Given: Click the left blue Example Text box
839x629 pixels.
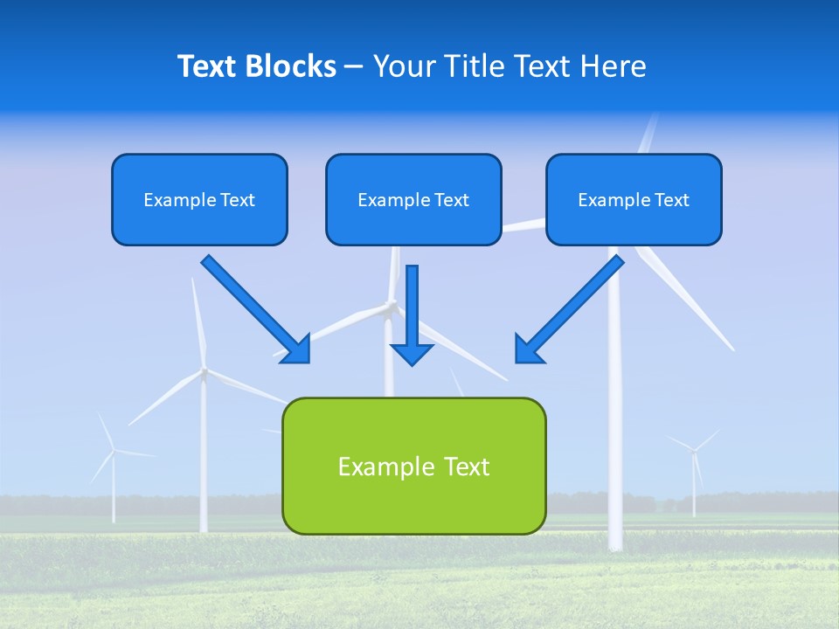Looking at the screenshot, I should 199,199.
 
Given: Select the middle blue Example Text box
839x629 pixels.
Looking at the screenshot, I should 413,199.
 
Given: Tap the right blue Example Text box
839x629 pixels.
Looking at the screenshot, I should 634,199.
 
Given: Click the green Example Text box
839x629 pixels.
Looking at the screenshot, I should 413,466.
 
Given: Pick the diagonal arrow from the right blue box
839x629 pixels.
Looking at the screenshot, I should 569,309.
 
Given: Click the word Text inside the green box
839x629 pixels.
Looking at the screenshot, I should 465,467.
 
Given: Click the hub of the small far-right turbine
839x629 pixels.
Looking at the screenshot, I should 694,450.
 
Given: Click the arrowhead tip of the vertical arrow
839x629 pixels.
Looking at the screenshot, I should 413,363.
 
